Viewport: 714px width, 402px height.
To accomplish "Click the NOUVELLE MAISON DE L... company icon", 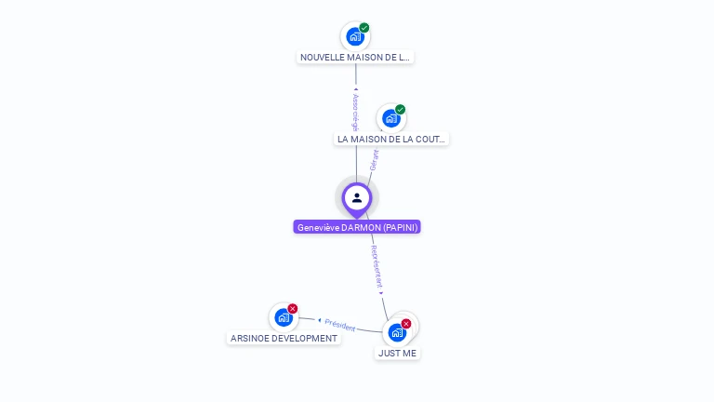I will click(354, 37).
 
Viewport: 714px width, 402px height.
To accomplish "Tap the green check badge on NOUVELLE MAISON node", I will click(364, 28).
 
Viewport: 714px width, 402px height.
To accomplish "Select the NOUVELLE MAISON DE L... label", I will click(355, 57).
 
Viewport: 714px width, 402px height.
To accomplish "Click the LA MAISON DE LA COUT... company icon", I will click(390, 118).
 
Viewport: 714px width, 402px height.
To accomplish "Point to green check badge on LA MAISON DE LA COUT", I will click(401, 110).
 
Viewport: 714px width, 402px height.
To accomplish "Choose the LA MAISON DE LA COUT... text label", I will click(391, 139).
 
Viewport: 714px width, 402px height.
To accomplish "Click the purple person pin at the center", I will click(357, 198).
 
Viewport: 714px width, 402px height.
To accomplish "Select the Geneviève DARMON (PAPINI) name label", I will click(357, 227).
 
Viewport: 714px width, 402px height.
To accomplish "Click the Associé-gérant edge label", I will click(355, 111).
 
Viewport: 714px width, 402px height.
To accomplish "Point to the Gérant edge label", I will click(374, 159).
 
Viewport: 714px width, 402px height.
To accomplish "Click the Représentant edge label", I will click(377, 267).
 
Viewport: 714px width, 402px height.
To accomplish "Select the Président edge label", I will click(340, 326).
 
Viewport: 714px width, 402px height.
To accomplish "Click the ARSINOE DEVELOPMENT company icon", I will click(283, 318).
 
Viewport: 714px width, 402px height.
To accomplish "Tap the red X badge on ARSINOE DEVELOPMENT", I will click(293, 309).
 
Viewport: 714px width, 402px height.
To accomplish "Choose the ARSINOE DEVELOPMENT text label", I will click(284, 339).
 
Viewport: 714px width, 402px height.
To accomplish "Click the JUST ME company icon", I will click(397, 332).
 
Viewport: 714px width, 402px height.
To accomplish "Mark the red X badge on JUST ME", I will click(406, 324).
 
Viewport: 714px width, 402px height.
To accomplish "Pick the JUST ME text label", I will click(397, 354).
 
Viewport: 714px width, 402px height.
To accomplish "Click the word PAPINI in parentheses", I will click(399, 227).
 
